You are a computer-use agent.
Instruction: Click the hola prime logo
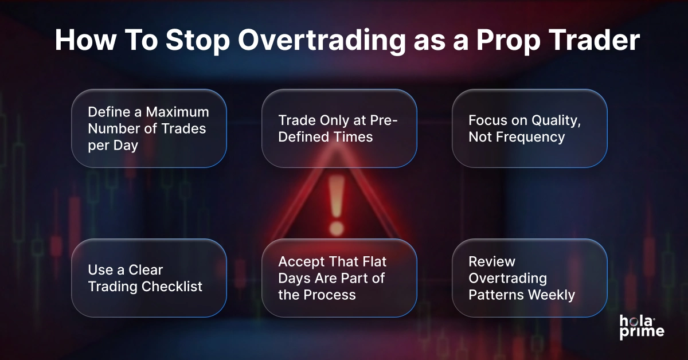(x=642, y=327)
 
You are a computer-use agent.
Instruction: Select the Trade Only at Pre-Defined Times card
(x=339, y=128)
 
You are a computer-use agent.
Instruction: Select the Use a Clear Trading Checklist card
(x=148, y=278)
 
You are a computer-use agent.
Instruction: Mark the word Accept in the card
(x=300, y=262)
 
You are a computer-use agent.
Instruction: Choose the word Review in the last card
(x=491, y=262)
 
